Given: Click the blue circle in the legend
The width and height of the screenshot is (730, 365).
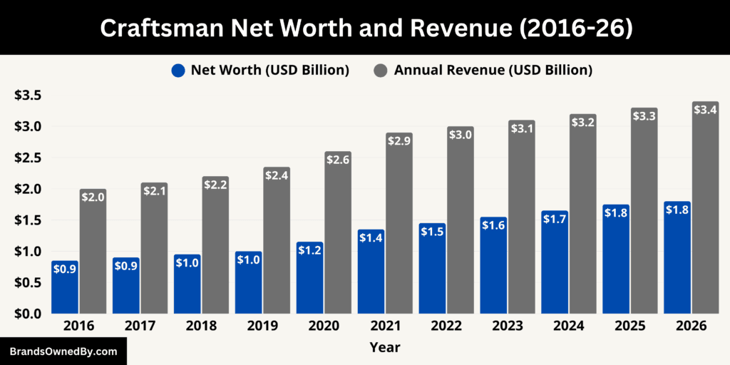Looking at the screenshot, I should click(178, 70).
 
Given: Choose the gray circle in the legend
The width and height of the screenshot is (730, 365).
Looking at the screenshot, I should click(381, 70).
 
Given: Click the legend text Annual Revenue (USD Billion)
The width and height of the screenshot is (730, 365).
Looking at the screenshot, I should click(493, 70).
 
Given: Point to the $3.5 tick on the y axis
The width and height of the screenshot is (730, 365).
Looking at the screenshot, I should click(28, 96).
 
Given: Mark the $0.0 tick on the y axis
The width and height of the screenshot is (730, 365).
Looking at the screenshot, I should click(28, 314).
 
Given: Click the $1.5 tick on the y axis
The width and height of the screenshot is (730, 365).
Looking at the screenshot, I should click(28, 220).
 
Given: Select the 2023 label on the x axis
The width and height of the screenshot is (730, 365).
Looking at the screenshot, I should click(507, 326).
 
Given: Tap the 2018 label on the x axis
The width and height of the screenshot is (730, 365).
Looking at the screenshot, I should click(200, 326).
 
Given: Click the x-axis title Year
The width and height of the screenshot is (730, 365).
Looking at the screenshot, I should click(384, 348).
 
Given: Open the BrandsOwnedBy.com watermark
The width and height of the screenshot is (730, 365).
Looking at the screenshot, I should click(63, 351).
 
